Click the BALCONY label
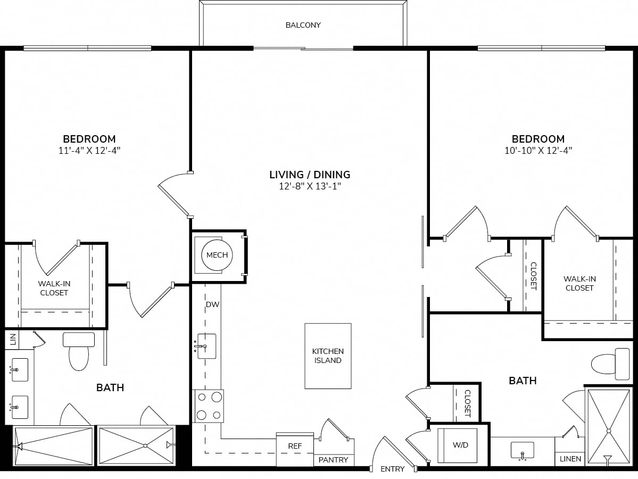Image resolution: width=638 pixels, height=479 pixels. [303, 25]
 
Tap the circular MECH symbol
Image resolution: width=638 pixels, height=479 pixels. [217, 255]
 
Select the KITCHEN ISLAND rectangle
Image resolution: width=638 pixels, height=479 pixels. [328, 356]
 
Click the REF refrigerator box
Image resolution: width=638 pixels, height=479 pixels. [295, 449]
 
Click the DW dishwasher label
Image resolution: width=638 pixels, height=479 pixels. [212, 304]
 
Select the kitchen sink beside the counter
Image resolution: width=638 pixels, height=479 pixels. [206, 346]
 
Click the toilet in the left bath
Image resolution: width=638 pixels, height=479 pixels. [79, 351]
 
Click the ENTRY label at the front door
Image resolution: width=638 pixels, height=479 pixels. [392, 469]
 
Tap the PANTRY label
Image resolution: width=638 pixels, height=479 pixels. [333, 460]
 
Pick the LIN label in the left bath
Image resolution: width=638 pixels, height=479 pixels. [13, 339]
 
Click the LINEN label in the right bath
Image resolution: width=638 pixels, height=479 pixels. [570, 459]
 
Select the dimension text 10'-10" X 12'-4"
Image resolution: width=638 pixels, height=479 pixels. [538, 151]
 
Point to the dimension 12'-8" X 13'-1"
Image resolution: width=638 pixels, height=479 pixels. [310, 186]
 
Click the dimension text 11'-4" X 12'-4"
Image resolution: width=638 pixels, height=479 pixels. [89, 151]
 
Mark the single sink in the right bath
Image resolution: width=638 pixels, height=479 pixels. [523, 450]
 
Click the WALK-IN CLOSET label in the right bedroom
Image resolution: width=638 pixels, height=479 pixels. [579, 283]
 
